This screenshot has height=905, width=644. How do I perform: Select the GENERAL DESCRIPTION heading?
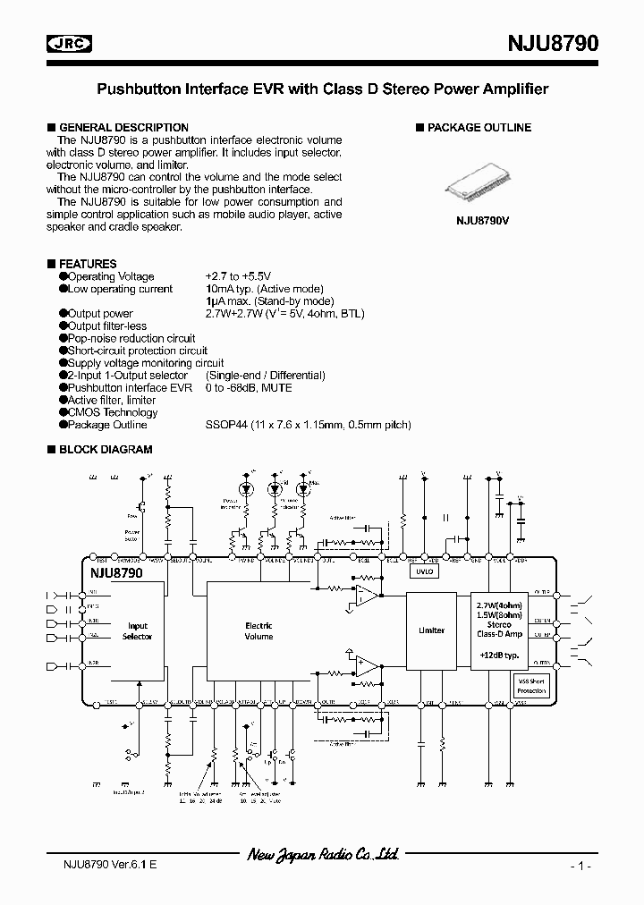point(123,128)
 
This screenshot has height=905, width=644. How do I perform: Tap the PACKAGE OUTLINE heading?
point(479,128)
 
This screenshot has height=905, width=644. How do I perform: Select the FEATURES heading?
point(88,264)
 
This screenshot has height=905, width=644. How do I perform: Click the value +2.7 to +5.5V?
point(237,276)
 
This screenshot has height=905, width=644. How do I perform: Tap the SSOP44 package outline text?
point(308,425)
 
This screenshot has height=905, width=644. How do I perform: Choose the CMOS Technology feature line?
point(113,412)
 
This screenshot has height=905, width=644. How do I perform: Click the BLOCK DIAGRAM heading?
point(105,450)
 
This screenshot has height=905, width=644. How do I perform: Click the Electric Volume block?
point(259,631)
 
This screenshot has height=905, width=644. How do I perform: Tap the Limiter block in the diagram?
point(431,630)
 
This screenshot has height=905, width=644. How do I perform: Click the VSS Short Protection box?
point(530,686)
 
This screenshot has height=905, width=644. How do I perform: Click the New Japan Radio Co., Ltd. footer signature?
point(322,855)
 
